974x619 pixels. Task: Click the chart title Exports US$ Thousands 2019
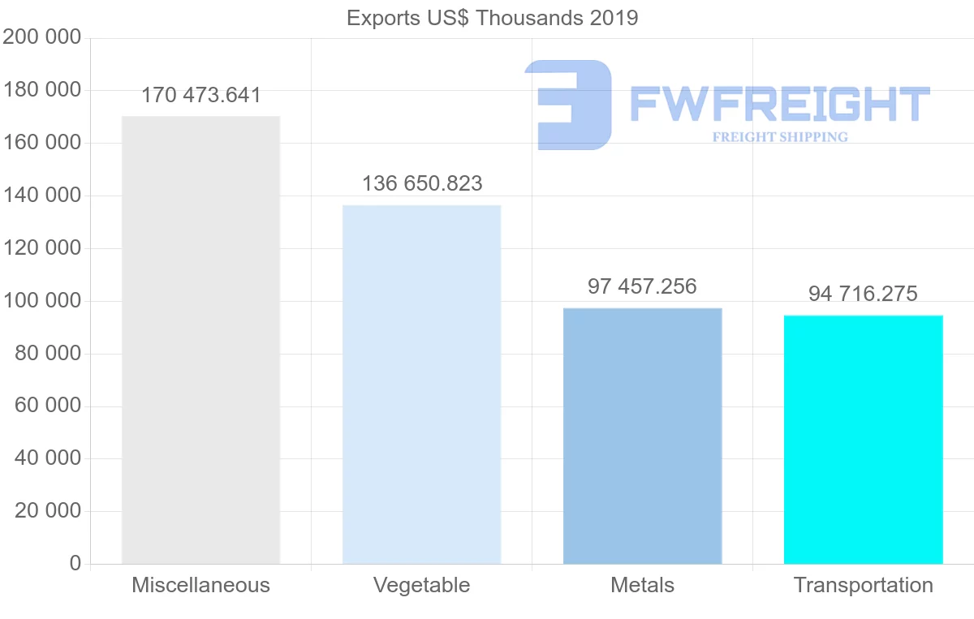pyautogui.click(x=492, y=18)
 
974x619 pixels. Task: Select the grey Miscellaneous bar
pyautogui.click(x=200, y=340)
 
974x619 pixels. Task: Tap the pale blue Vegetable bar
pyautogui.click(x=421, y=385)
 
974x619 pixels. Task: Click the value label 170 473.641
pyautogui.click(x=201, y=96)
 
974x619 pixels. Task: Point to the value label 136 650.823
pyautogui.click(x=422, y=184)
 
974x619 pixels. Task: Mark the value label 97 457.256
pyautogui.click(x=642, y=286)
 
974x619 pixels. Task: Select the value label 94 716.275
pyautogui.click(x=863, y=294)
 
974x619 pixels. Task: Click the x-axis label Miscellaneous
pyautogui.click(x=200, y=585)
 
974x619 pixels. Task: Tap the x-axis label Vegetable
pyautogui.click(x=421, y=585)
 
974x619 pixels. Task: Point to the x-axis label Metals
pyautogui.click(x=642, y=585)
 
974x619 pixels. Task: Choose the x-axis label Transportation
pyautogui.click(x=863, y=585)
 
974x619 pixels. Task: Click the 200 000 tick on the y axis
pyautogui.click(x=42, y=37)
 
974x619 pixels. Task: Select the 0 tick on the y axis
pyautogui.click(x=75, y=563)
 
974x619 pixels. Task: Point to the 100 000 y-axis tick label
pyautogui.click(x=42, y=301)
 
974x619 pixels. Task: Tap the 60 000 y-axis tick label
pyautogui.click(x=48, y=406)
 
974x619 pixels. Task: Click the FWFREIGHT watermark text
pyautogui.click(x=779, y=104)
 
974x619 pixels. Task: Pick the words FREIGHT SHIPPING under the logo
pyautogui.click(x=779, y=137)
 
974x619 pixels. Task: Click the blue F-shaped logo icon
pyautogui.click(x=568, y=104)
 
